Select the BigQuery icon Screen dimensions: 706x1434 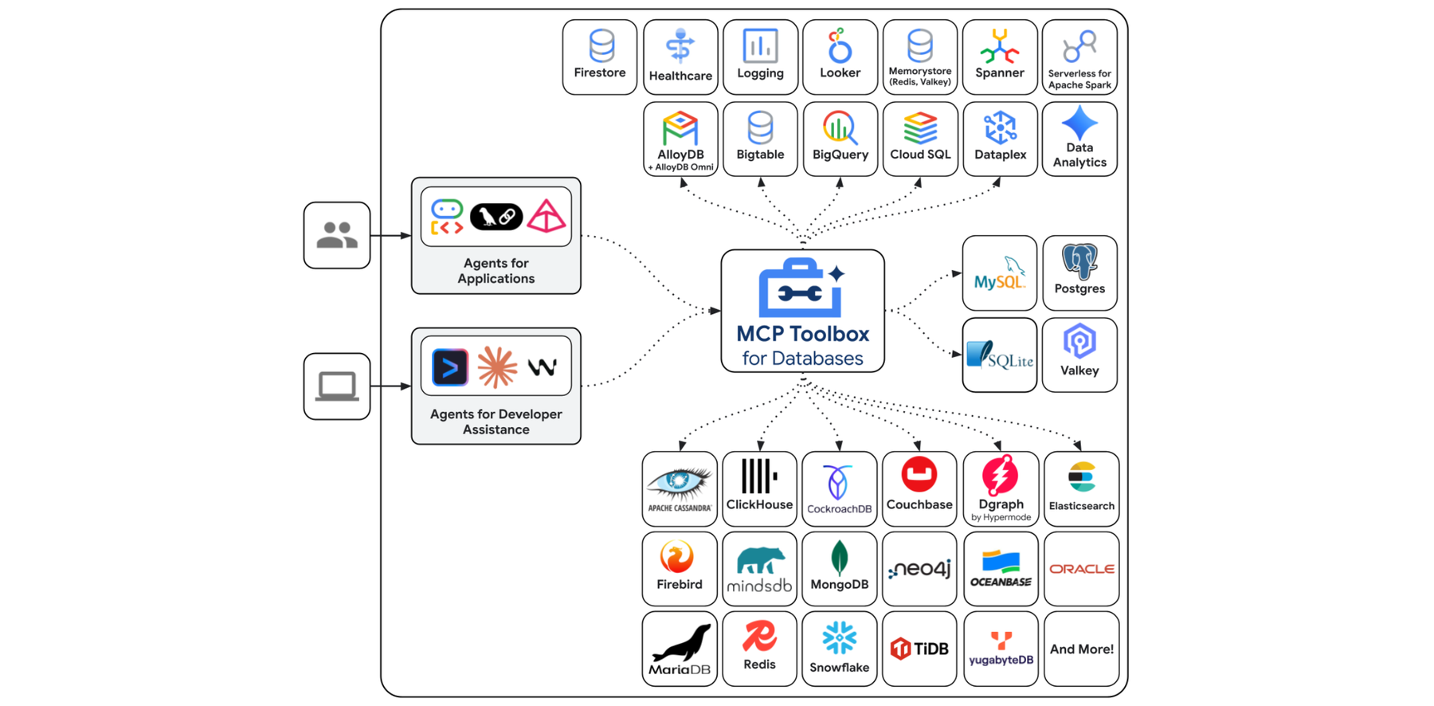click(840, 128)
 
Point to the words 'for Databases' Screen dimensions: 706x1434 click(802, 359)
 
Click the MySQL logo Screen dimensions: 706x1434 click(999, 274)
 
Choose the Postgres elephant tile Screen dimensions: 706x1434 click(1079, 273)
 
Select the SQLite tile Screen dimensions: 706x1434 click(999, 355)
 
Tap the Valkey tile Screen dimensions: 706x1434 click(1079, 355)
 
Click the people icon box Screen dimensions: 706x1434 click(337, 236)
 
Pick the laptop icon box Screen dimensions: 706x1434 click(337, 386)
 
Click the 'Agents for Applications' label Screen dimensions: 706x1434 click(496, 271)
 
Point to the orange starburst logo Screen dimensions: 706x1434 click(496, 368)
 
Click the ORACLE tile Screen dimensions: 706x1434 click(1081, 569)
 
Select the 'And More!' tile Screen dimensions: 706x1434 click(1081, 649)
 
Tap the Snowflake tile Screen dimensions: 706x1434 click(840, 649)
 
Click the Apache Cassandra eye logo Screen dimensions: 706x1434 click(679, 483)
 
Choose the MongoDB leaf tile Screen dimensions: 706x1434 click(840, 569)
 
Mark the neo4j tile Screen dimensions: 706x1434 click(919, 569)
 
